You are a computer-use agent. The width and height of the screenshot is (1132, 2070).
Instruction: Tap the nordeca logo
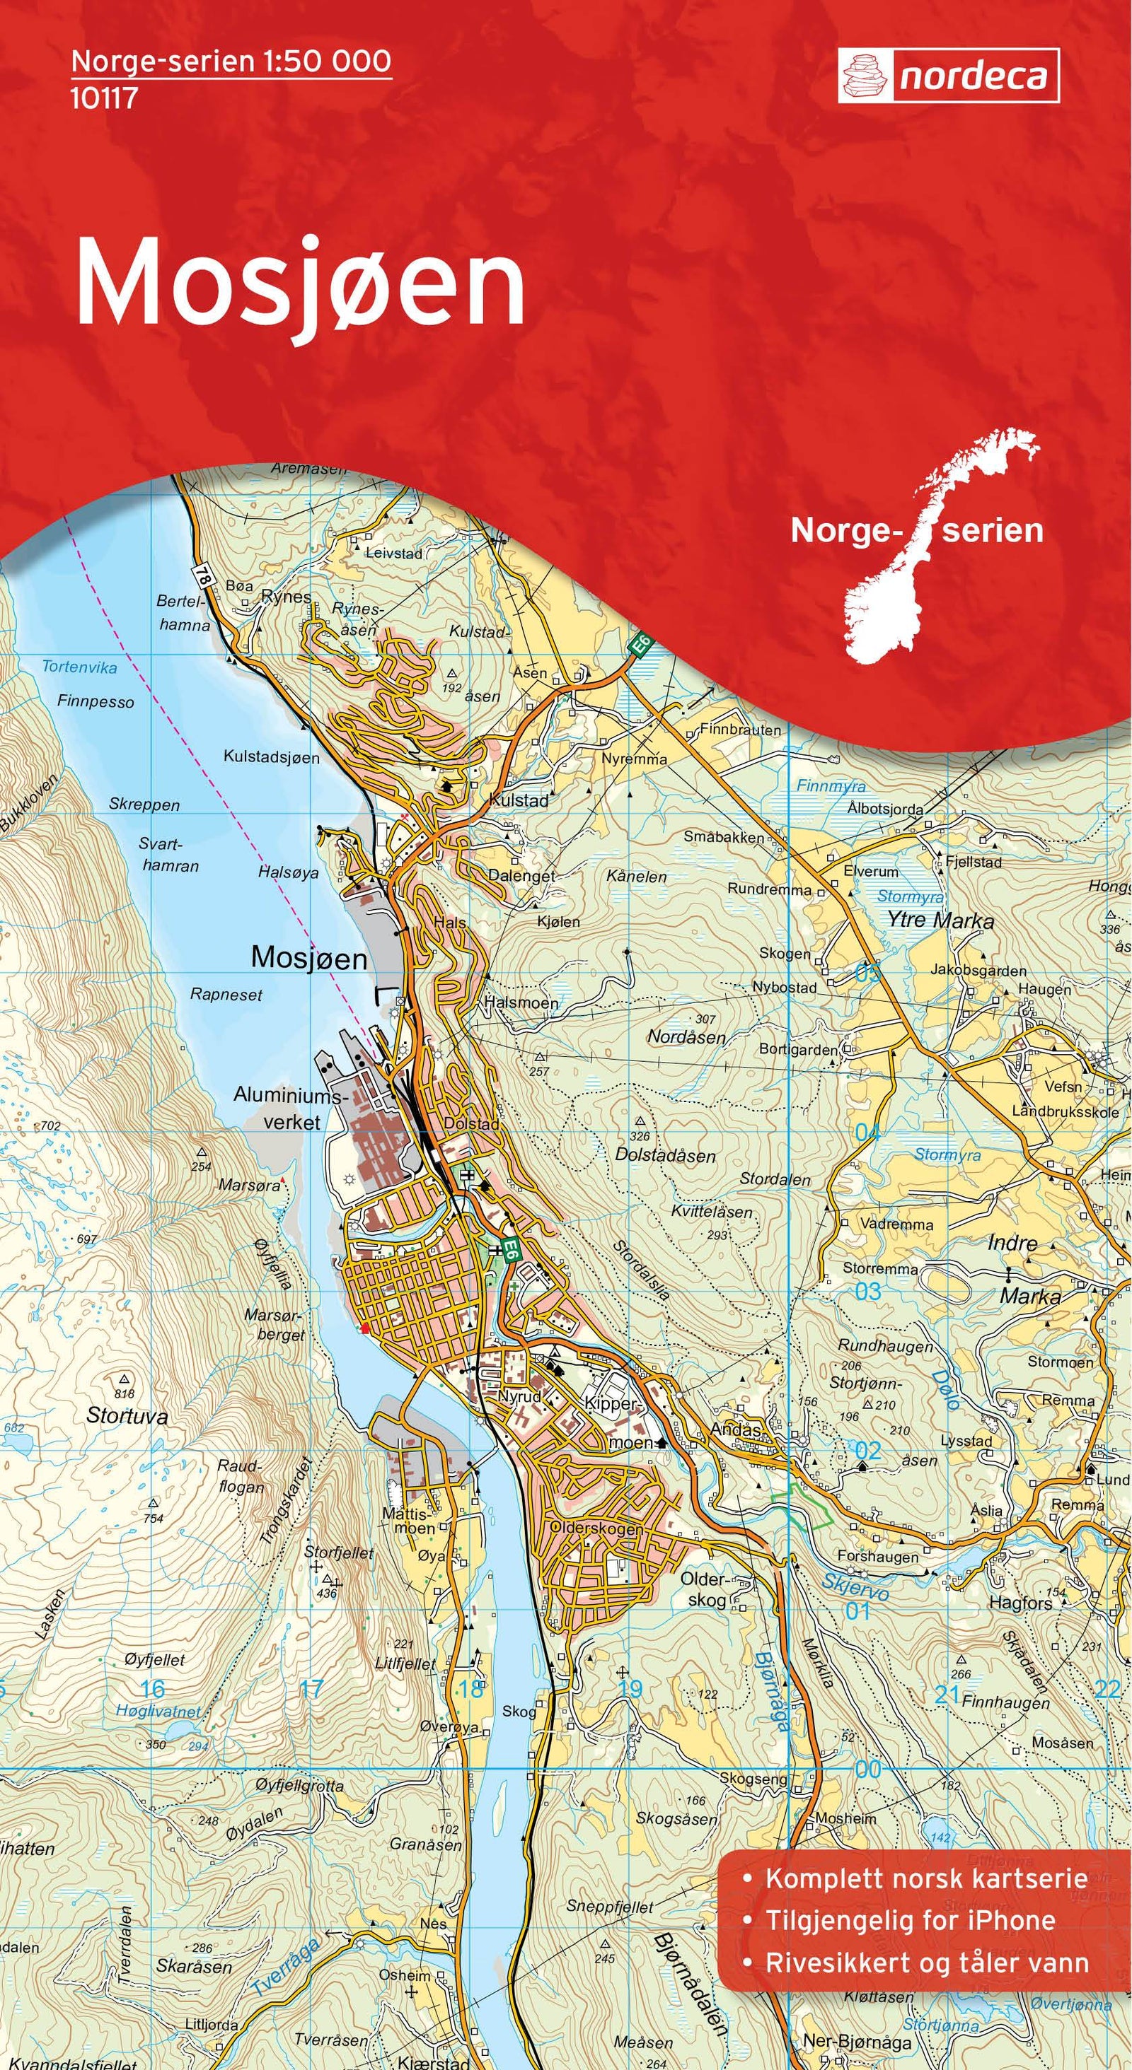(948, 76)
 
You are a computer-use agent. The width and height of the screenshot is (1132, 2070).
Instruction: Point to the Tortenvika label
(79, 667)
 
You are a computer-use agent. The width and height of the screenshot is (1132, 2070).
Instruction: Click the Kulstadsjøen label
(271, 757)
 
